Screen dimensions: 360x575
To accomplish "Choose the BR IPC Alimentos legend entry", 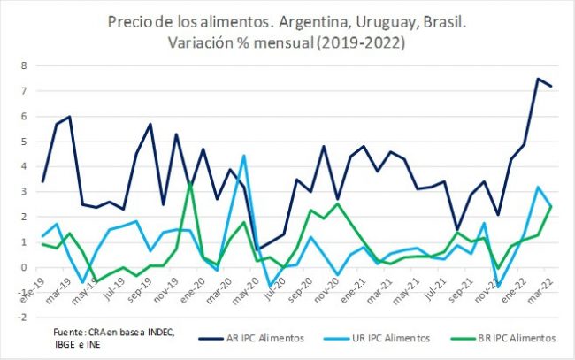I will coord(509,337).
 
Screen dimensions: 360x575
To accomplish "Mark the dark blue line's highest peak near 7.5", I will coord(537,79).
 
